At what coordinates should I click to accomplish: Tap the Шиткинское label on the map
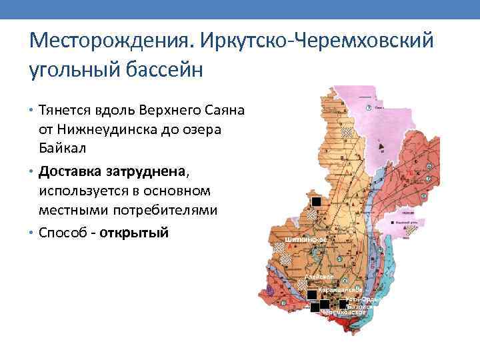click(x=304, y=239)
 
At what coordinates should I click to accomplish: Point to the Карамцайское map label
click(x=340, y=291)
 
